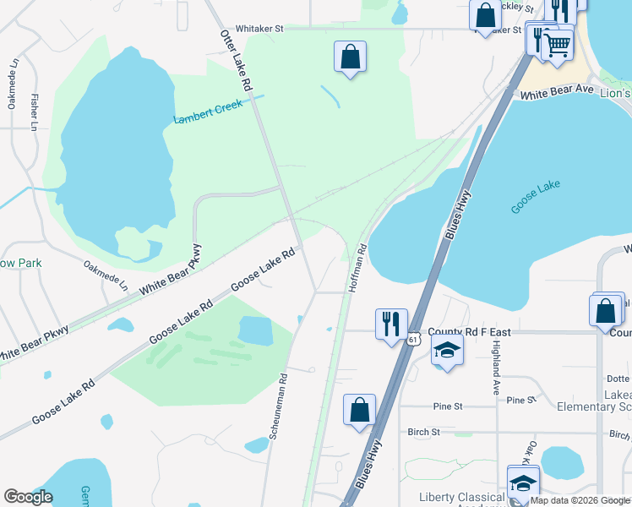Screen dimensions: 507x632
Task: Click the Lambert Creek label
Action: [208, 112]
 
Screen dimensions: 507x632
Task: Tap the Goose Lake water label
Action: [537, 197]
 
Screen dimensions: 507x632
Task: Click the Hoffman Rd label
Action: [357, 269]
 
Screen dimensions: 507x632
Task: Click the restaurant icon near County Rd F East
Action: [390, 324]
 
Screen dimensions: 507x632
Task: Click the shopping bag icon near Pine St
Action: [359, 410]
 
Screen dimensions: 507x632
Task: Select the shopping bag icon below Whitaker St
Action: [350, 57]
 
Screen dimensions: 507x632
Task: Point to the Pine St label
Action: [447, 406]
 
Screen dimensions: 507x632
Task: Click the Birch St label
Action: [423, 432]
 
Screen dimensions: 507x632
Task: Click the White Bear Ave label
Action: [557, 90]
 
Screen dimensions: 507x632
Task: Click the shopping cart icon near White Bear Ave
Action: [557, 46]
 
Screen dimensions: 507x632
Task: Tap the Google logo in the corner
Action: [28, 497]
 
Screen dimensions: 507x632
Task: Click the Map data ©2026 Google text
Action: [579, 500]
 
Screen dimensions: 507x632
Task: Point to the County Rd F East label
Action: [466, 332]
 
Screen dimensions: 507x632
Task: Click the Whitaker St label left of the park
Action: [259, 28]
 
